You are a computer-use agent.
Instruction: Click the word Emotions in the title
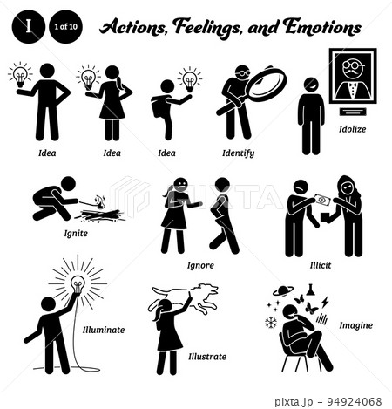(321, 27)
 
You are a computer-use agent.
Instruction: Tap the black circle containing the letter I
(29, 27)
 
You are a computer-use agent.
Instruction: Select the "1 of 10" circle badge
(66, 27)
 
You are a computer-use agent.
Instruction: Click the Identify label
(239, 153)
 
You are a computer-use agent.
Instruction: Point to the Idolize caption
(353, 129)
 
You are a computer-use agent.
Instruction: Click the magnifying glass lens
(267, 84)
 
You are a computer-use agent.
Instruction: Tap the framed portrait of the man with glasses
(353, 76)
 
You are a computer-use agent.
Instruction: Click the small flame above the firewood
(100, 202)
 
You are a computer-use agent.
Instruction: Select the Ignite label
(76, 234)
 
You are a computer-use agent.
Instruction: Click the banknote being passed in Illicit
(323, 201)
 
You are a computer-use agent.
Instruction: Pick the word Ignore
(200, 265)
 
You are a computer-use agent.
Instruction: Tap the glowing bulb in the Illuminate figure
(78, 284)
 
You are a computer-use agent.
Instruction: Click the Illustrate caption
(207, 357)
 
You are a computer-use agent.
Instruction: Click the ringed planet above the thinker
(282, 291)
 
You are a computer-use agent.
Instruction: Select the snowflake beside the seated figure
(271, 323)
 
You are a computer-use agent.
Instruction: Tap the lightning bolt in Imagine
(325, 303)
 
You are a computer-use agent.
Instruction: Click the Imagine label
(356, 325)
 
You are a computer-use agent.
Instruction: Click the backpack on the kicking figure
(159, 106)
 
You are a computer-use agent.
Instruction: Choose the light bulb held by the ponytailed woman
(88, 78)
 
